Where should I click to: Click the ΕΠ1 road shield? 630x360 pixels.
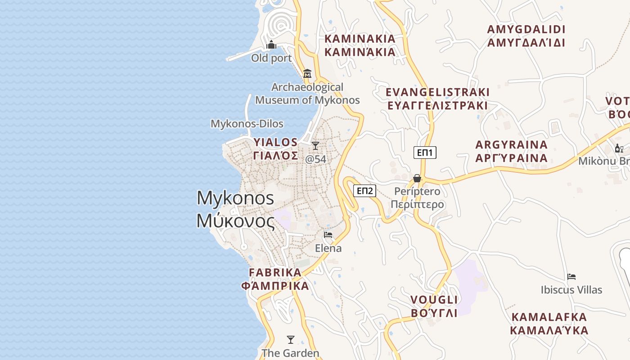425,153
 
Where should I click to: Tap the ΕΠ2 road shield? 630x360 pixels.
364,191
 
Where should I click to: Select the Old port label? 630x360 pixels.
271,58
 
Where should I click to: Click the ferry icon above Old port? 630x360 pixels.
271,45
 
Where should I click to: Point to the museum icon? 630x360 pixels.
307,73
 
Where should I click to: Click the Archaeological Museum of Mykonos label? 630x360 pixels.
308,94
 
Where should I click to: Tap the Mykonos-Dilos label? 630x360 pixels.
247,124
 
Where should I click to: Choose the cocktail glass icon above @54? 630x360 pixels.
315,146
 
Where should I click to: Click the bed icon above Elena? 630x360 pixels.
328,235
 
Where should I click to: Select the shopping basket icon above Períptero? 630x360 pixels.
417,178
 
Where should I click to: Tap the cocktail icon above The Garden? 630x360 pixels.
291,340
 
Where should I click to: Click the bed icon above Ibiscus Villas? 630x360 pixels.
571,276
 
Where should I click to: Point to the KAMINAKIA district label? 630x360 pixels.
360,45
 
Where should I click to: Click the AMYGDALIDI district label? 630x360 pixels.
526,36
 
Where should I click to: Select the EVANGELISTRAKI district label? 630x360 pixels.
437,99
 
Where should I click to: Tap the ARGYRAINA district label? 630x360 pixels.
512,151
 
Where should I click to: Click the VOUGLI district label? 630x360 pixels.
434,306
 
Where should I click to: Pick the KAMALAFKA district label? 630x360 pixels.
549,323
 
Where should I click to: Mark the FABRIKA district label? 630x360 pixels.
275,279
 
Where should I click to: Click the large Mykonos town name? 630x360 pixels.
235,209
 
